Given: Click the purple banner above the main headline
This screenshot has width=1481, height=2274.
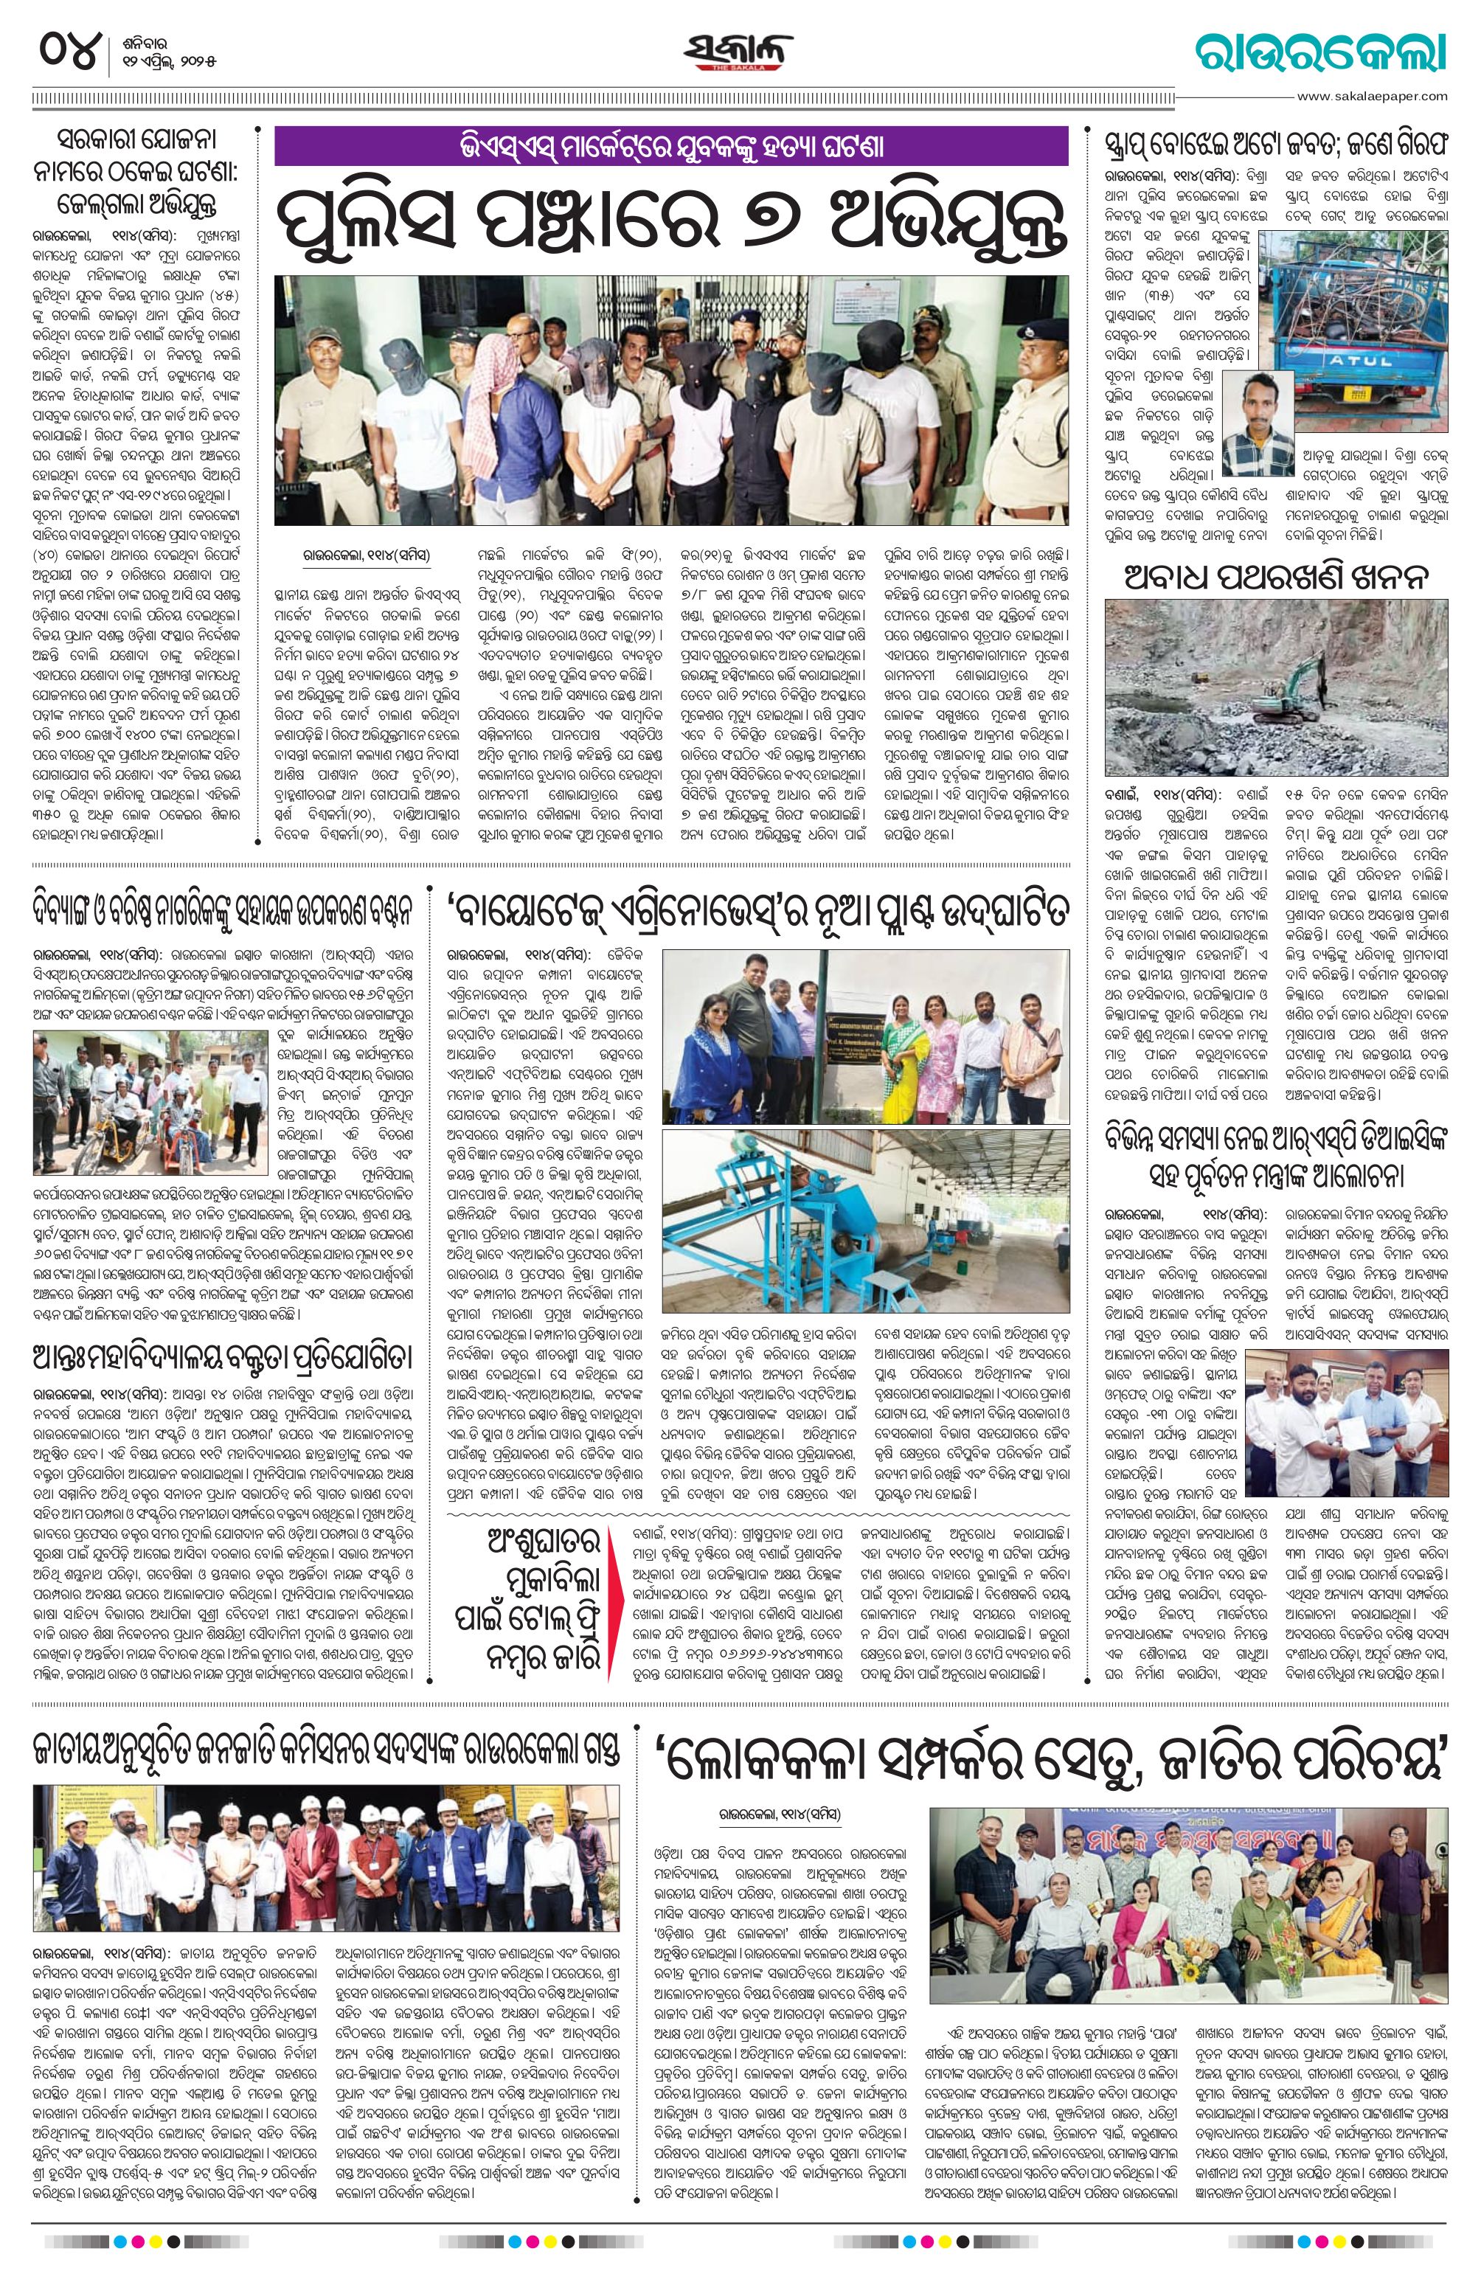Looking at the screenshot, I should [x=670, y=148].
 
